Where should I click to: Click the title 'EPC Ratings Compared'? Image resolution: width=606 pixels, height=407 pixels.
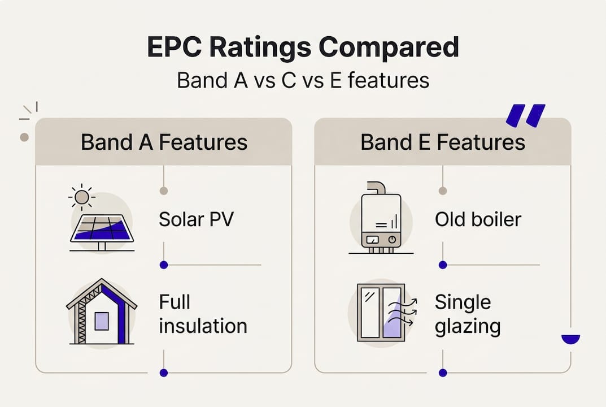tap(303, 48)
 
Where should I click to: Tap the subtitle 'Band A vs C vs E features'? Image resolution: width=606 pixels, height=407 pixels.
tap(303, 80)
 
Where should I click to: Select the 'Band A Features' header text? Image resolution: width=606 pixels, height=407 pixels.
tap(164, 142)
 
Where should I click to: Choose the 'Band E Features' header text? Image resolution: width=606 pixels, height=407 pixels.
tap(443, 142)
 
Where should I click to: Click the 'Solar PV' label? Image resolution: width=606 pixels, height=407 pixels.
tap(195, 219)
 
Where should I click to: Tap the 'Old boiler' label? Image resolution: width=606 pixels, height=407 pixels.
tap(478, 219)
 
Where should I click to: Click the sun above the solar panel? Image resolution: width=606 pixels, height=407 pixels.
tap(82, 197)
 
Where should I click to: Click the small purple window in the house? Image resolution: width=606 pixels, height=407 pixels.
tap(102, 321)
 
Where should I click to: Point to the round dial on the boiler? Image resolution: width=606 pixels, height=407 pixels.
tap(390, 240)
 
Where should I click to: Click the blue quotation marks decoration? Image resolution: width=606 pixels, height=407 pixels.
tap(525, 115)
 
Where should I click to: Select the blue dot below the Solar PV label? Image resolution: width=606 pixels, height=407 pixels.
tap(164, 265)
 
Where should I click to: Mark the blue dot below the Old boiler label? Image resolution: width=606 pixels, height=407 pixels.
tap(443, 265)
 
